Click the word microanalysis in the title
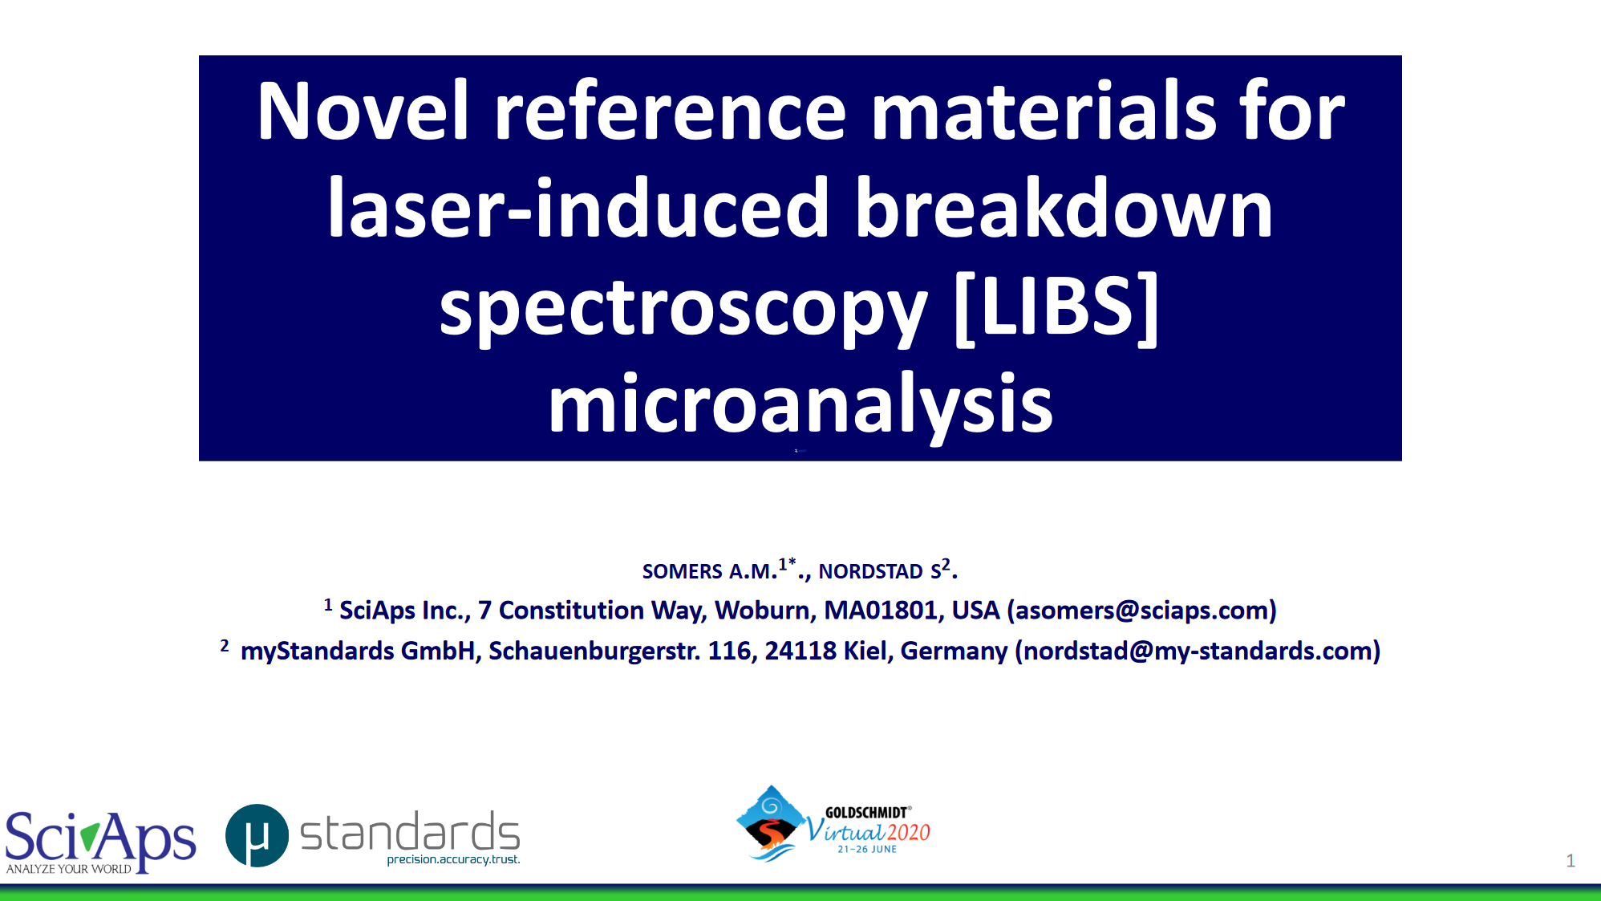coord(800,406)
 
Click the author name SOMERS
coord(683,571)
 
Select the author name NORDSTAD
coord(870,571)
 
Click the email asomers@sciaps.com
coord(1142,611)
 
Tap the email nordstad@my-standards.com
coord(1198,651)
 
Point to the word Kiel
coord(865,651)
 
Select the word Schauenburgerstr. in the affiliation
coord(594,651)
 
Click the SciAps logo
coord(100,840)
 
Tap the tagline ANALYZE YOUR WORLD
coord(69,869)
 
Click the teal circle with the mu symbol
coord(257,836)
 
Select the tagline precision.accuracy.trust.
coord(453,859)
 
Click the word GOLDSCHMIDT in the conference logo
coord(866,813)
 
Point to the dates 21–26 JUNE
coord(867,849)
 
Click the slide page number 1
coord(1571,861)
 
